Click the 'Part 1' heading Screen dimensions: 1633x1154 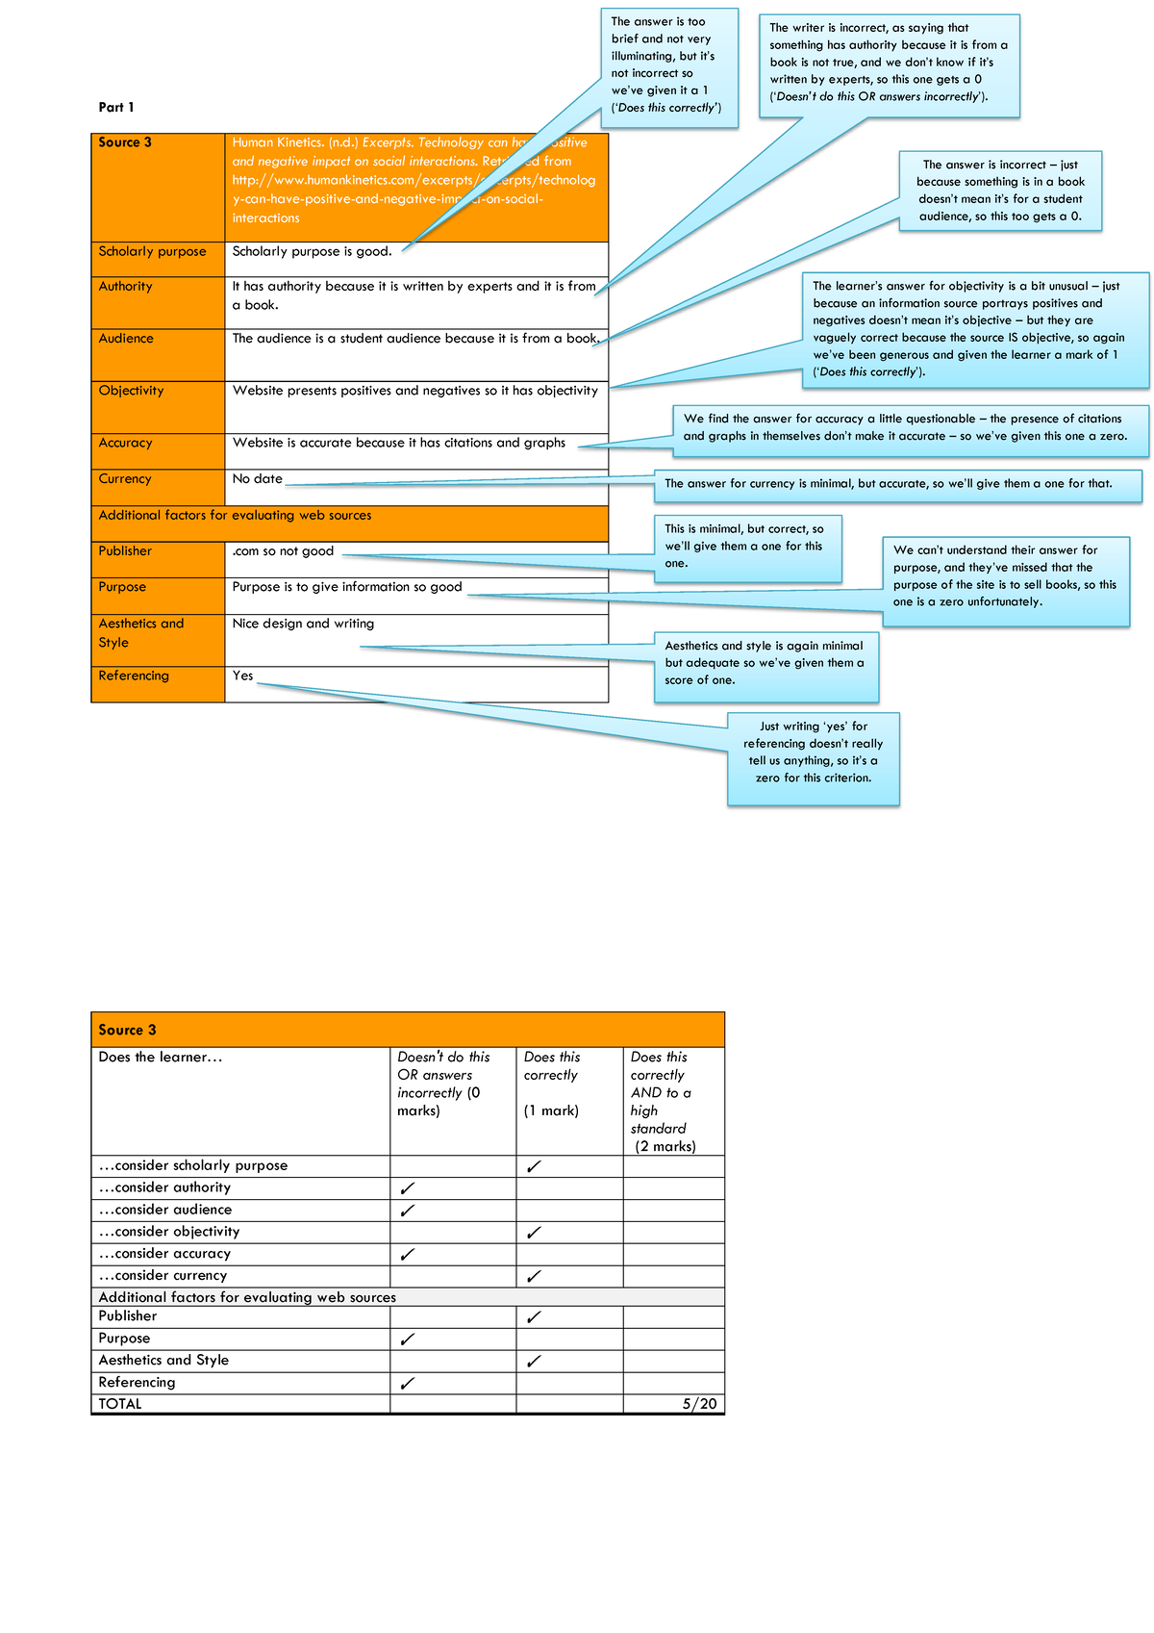(x=116, y=107)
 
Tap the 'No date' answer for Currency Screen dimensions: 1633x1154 (x=258, y=478)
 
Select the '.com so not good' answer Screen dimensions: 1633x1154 (x=283, y=551)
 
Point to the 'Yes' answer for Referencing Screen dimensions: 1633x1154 (x=242, y=676)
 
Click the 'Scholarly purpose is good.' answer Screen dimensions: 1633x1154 (x=312, y=251)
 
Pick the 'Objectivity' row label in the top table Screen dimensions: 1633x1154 (x=131, y=391)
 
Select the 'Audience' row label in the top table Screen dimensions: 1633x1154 (x=126, y=339)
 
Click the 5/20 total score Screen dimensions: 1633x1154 (x=699, y=1404)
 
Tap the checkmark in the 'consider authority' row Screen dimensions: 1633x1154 (x=407, y=1188)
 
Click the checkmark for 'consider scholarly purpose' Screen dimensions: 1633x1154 (x=534, y=1166)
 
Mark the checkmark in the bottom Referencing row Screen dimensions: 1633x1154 (x=407, y=1384)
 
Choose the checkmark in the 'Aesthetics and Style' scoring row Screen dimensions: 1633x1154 (x=534, y=1362)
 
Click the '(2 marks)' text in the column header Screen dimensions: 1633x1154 (x=665, y=1146)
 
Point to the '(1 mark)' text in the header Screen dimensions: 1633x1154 (x=551, y=1110)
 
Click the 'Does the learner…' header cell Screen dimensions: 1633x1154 (x=161, y=1058)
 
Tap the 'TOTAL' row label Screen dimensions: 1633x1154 (x=120, y=1404)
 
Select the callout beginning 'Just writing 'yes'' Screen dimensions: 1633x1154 (x=813, y=753)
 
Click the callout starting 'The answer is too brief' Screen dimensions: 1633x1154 (x=668, y=64)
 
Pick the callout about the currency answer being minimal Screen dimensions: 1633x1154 (x=897, y=484)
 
